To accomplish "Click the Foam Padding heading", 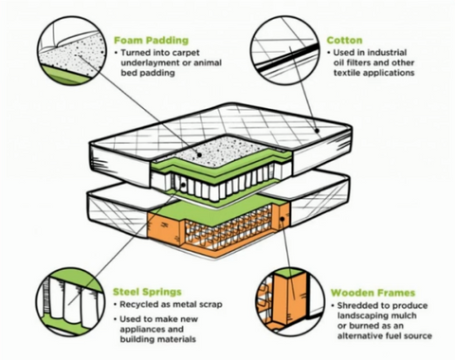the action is pos(151,41).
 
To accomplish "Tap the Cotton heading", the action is pos(344,41).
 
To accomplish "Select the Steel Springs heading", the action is pos(147,292).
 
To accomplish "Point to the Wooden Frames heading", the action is pos(373,293).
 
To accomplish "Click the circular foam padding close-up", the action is pos(72,51).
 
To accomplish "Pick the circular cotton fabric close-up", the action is pos(285,50).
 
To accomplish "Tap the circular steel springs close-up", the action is pos(70,301).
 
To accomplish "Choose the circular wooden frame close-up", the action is pos(290,301).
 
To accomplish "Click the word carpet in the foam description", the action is pos(186,53).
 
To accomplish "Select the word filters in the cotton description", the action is pos(359,63).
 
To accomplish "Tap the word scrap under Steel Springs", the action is pos(211,305).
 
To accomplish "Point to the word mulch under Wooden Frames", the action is pos(404,315).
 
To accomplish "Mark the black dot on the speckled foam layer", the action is pos(199,154).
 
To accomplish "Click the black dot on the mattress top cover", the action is pos(317,131).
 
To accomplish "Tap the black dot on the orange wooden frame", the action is pos(282,219).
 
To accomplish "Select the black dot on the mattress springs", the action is pos(183,185).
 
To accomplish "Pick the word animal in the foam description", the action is pos(208,63).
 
